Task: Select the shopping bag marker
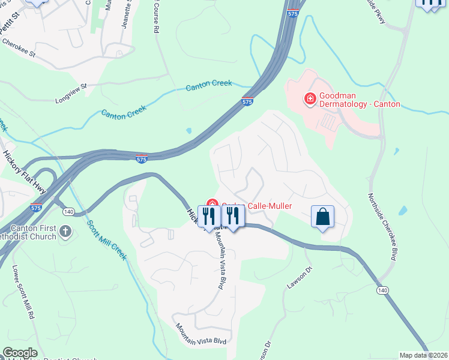point(323,217)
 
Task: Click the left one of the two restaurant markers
point(209,217)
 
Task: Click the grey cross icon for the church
point(65,230)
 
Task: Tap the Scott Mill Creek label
point(107,240)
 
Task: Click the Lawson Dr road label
point(300,277)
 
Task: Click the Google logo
point(19,353)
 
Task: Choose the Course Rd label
point(156,18)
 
